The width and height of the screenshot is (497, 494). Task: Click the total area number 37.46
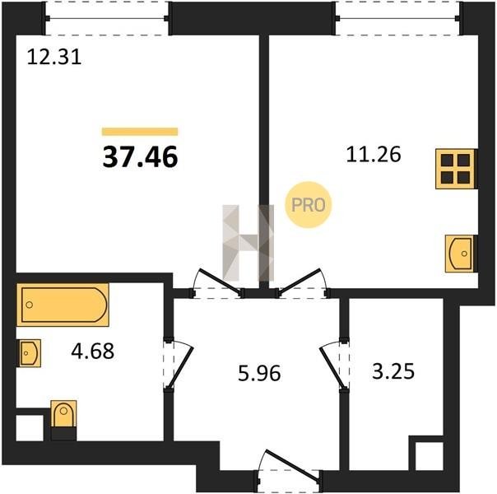click(x=140, y=157)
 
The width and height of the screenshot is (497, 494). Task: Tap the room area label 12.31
click(x=54, y=58)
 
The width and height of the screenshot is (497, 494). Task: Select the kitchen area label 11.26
click(x=374, y=155)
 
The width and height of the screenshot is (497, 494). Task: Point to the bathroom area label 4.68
click(x=92, y=352)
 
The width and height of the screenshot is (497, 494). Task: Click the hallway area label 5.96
click(x=259, y=373)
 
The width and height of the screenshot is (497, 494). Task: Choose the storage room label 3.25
click(x=393, y=371)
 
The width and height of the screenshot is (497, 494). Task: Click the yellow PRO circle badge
click(x=308, y=205)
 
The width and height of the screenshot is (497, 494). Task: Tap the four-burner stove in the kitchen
click(x=455, y=169)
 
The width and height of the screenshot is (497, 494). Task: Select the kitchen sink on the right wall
click(x=459, y=254)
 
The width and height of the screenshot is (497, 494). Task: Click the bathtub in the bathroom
click(x=63, y=305)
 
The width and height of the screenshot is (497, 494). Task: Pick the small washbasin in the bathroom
click(x=29, y=353)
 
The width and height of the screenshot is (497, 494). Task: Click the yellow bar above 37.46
click(x=140, y=131)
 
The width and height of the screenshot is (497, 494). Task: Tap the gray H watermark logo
click(x=248, y=243)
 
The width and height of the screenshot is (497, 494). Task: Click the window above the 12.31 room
click(x=107, y=18)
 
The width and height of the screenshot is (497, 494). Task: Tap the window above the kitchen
click(x=397, y=18)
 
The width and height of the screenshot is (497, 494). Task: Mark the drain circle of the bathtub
click(x=30, y=305)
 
